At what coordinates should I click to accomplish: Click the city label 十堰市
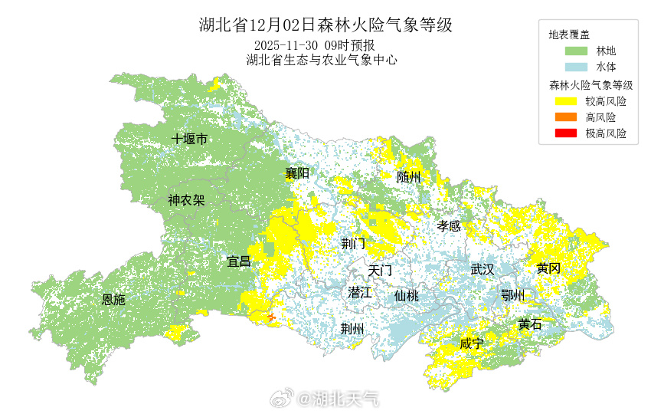pyautogui.click(x=189, y=139)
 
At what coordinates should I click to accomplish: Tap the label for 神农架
pyautogui.click(x=186, y=201)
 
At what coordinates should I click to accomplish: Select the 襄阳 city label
pyautogui.click(x=297, y=173)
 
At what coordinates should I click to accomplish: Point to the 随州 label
pyautogui.click(x=409, y=177)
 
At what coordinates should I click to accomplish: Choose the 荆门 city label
pyautogui.click(x=353, y=244)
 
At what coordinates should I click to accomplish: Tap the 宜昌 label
pyautogui.click(x=238, y=261)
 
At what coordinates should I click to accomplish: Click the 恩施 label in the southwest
pyautogui.click(x=113, y=300)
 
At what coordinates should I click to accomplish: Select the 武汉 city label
pyautogui.click(x=483, y=269)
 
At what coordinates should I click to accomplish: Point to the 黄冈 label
pyautogui.click(x=548, y=268)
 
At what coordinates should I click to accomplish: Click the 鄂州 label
pyautogui.click(x=512, y=295)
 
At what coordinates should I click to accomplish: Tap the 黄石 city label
pyautogui.click(x=529, y=324)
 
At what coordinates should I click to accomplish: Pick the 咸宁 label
pyautogui.click(x=472, y=343)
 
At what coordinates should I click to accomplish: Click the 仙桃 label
pyautogui.click(x=407, y=295)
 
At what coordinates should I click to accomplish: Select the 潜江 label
pyautogui.click(x=359, y=292)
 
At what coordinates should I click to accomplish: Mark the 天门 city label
pyautogui.click(x=379, y=271)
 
